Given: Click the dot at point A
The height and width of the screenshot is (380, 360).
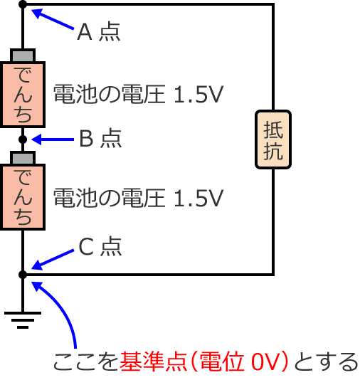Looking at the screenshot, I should click(23, 5).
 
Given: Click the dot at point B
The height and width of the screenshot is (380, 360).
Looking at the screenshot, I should click(23, 139).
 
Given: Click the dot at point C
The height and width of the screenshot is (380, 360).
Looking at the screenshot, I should click(23, 274).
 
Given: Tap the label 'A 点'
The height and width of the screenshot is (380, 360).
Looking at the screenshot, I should click(98, 32).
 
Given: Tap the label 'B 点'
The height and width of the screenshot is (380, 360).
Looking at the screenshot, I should click(100, 139).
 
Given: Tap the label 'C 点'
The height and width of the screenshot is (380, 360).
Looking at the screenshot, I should click(100, 246).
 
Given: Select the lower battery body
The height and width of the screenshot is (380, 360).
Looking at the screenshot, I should click(23, 197).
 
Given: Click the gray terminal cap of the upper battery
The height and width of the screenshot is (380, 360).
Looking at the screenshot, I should click(23, 56).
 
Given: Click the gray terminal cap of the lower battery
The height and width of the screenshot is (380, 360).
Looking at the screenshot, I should click(23, 157).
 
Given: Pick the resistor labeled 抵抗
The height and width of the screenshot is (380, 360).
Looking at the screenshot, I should click(273, 139).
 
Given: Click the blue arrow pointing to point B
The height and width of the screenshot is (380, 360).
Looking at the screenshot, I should click(53, 139).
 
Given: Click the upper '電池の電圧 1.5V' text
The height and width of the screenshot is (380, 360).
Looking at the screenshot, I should click(139, 95).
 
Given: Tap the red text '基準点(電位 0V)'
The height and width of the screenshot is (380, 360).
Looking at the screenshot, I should click(206, 363).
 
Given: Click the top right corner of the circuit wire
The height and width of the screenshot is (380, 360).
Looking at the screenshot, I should click(273, 5).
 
